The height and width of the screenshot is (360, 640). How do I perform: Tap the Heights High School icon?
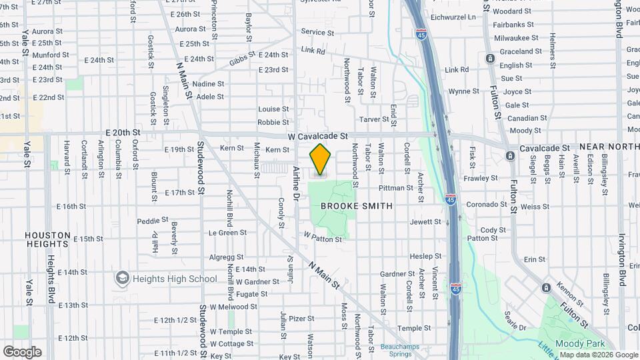122,277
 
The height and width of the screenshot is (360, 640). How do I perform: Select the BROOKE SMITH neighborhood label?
357,206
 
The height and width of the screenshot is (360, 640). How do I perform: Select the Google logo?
22,351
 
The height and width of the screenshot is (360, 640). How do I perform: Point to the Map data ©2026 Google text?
599,355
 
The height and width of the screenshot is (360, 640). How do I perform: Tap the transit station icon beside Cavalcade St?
510,155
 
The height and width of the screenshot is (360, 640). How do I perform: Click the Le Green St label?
227,233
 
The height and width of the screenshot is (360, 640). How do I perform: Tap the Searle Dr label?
515,321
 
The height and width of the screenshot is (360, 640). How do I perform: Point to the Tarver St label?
374,119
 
